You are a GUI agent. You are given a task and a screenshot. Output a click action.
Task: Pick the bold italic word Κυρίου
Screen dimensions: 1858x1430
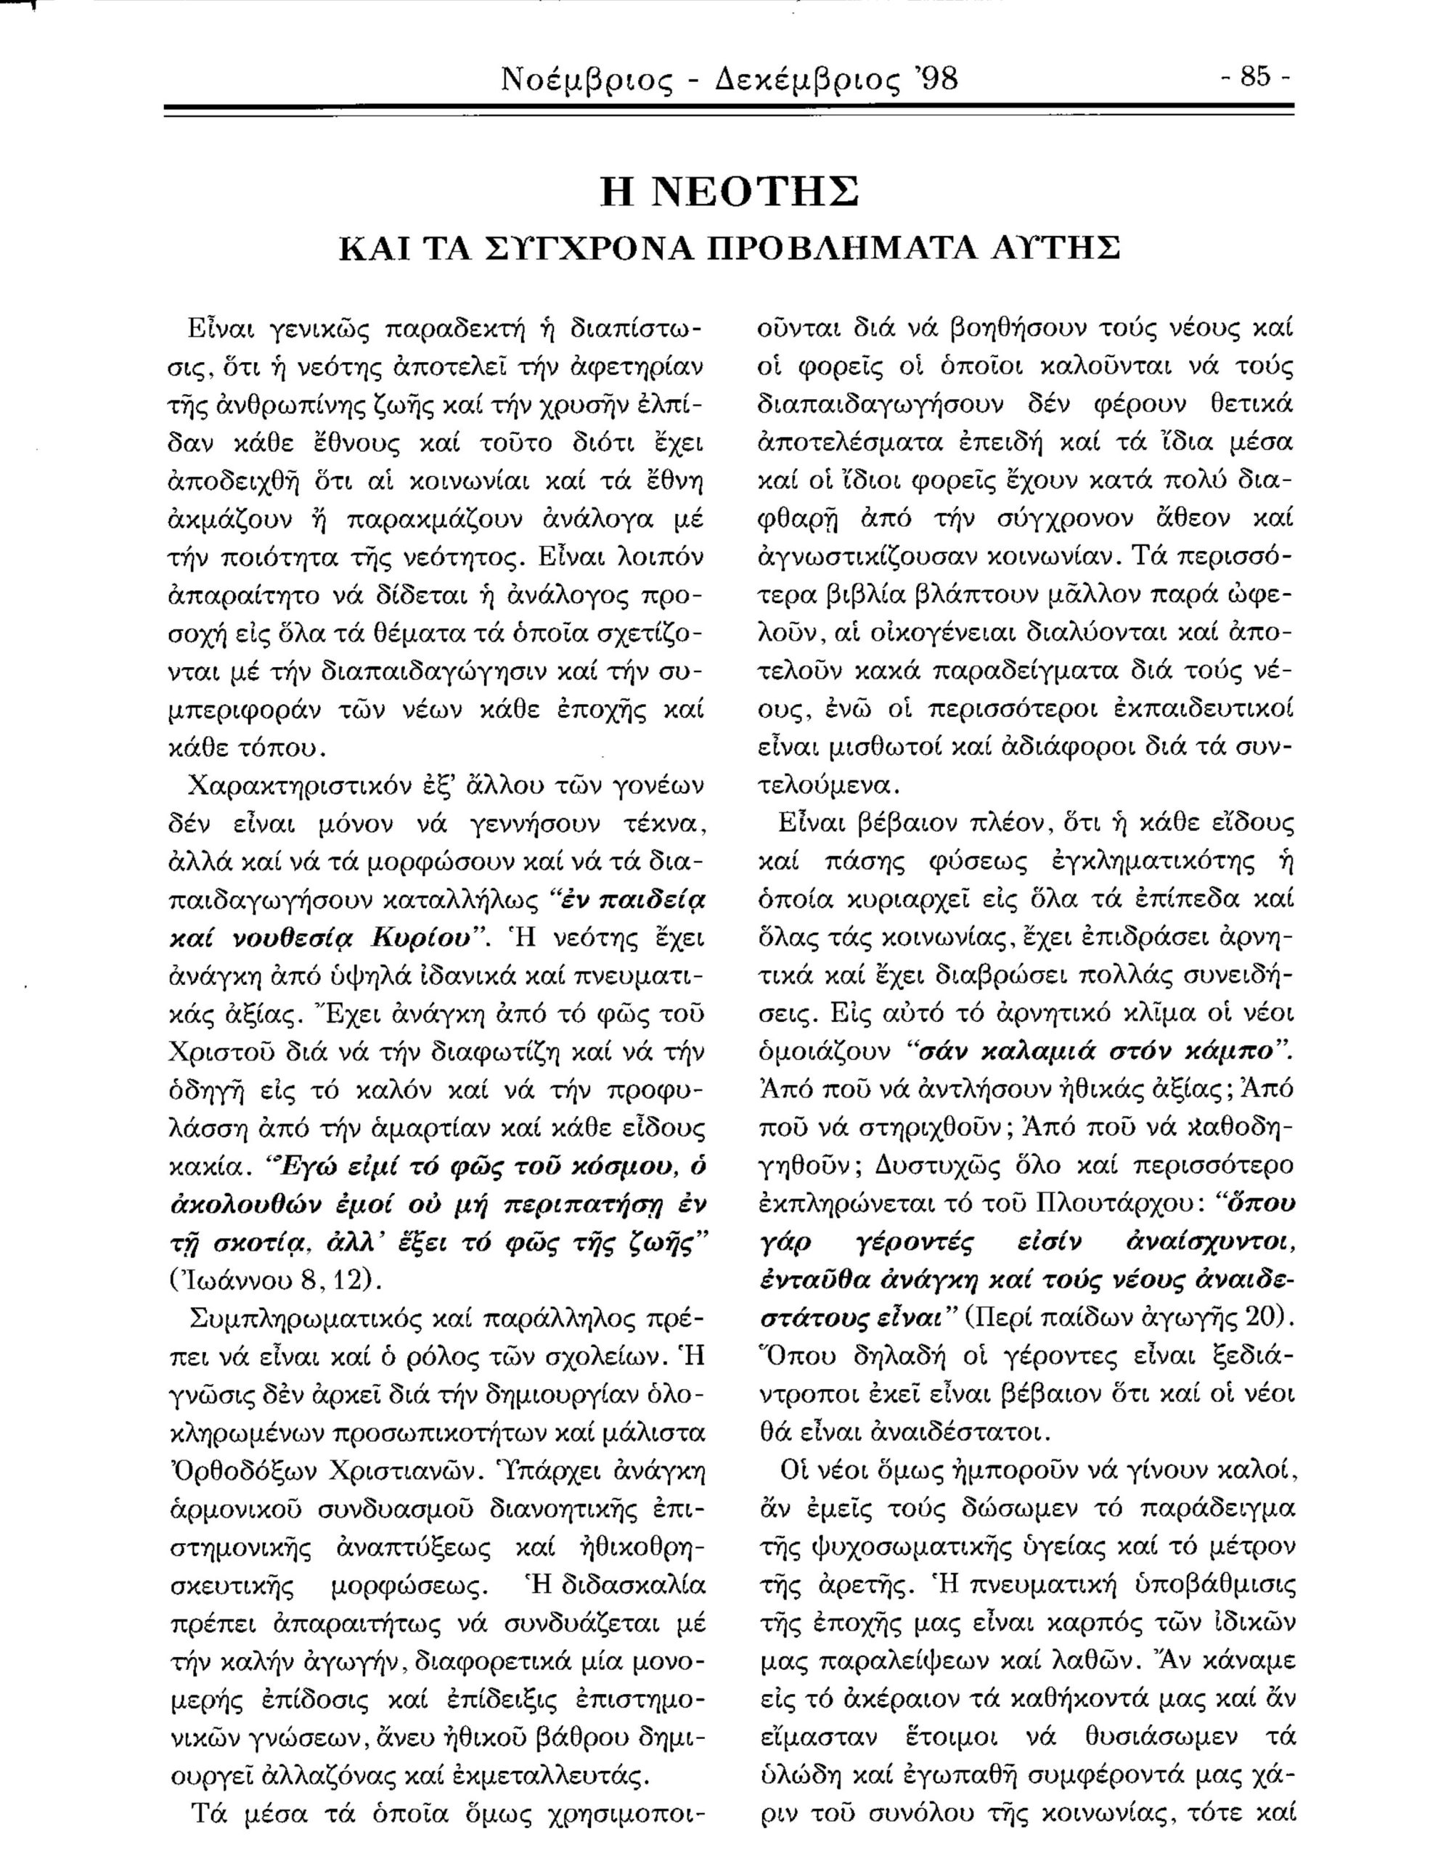click(x=421, y=938)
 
